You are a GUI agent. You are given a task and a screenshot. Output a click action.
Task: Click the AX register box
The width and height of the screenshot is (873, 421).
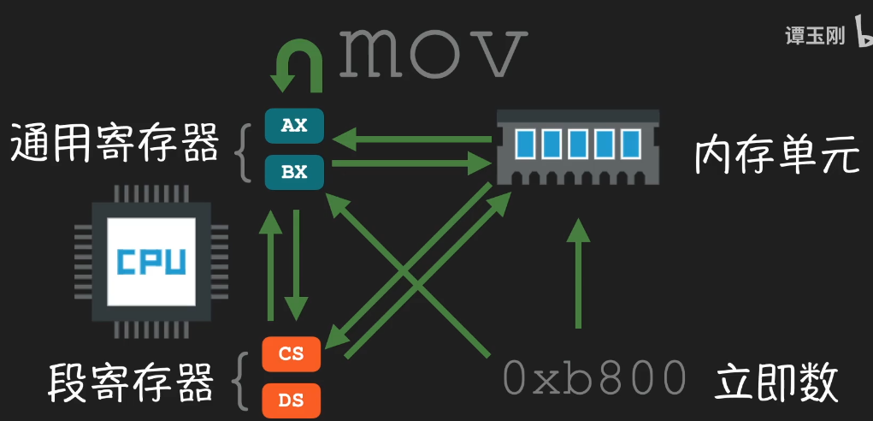pos(294,126)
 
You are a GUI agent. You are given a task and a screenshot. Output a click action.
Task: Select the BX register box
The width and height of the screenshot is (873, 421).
pos(294,172)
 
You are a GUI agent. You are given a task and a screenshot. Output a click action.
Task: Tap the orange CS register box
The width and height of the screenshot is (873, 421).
pos(292,353)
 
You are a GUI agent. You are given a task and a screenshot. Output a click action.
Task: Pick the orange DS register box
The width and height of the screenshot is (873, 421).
pos(292,399)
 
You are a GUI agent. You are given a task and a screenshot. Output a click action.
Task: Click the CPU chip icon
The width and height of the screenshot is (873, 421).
pos(150,262)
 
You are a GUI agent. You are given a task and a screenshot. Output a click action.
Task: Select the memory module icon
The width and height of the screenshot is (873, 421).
pos(578,146)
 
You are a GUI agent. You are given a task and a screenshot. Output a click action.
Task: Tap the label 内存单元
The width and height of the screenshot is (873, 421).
pos(776,155)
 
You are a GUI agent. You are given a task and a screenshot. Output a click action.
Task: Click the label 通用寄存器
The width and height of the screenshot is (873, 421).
pos(115,144)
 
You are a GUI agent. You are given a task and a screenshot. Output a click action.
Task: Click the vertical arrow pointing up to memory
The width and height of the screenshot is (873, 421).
pos(579,274)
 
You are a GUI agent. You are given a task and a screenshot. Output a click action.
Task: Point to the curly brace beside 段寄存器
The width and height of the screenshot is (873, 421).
pos(241,377)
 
